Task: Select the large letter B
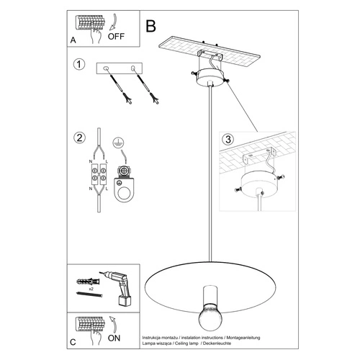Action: tap(150, 26)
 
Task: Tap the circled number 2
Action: tap(78, 137)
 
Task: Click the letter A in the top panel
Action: tap(73, 41)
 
